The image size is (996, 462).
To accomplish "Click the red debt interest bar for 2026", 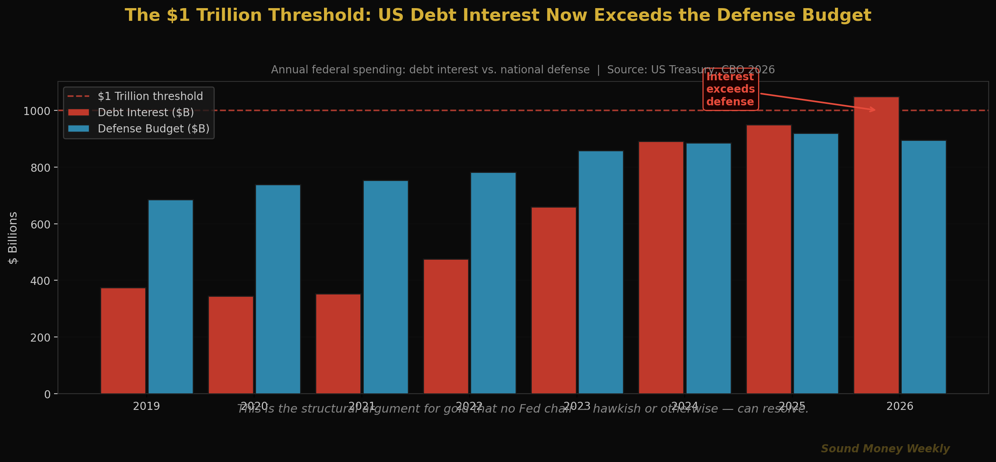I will [x=876, y=247].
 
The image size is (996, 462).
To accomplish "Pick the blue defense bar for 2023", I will [x=601, y=272].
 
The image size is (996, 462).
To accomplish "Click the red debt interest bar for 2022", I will [x=446, y=327].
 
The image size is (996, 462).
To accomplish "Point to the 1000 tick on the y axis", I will [x=37, y=112].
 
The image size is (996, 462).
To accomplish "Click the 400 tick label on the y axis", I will [x=40, y=281].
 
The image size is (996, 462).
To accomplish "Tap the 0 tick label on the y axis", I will [x=47, y=394].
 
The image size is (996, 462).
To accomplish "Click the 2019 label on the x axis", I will [x=146, y=406].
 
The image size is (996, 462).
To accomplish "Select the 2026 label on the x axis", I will [x=899, y=406].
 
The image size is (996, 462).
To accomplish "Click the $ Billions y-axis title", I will [x=13, y=238].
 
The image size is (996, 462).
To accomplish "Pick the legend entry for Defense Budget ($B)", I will [x=153, y=129].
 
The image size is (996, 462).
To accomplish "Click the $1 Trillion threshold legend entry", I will [x=150, y=96].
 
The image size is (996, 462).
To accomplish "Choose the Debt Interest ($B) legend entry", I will [x=145, y=112].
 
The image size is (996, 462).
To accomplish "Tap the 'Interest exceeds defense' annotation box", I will [x=730, y=89].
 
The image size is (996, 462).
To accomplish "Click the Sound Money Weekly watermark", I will [x=885, y=448].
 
